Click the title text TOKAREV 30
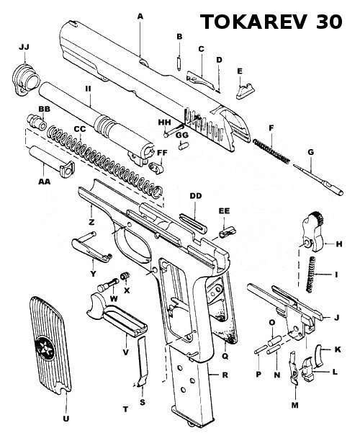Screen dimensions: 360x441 point(271,22)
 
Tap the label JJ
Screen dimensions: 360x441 point(24,47)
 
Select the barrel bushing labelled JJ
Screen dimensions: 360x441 point(26,80)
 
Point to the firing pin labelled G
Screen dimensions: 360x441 point(318,179)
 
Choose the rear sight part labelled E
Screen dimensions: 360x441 point(245,91)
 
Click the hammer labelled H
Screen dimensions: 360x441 point(313,231)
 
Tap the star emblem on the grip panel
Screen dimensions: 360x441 point(44,348)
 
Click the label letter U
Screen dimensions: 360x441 point(66,419)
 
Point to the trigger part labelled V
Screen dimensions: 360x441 point(116,314)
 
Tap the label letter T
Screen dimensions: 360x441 point(125,409)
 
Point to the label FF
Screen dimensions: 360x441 point(162,153)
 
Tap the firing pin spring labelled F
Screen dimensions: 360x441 point(271,151)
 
